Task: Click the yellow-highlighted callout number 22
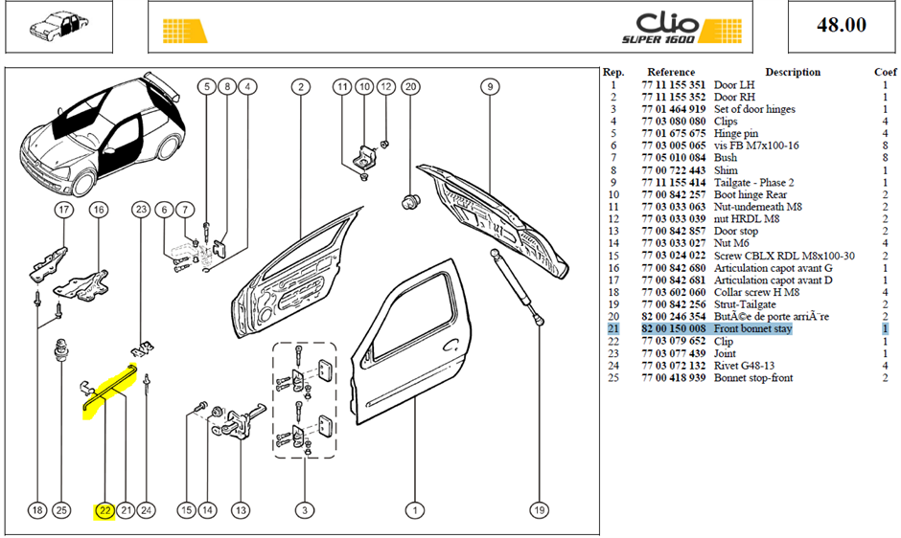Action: pyautogui.click(x=104, y=510)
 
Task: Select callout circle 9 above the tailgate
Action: pyautogui.click(x=490, y=87)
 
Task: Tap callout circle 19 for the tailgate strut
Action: pyautogui.click(x=539, y=510)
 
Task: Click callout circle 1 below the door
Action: pyautogui.click(x=415, y=510)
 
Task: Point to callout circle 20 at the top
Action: pyautogui.click(x=410, y=87)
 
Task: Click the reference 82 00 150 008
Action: pyautogui.click(x=674, y=329)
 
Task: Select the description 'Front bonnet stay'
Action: pyautogui.click(x=752, y=329)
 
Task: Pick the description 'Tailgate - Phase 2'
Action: pyautogui.click(x=754, y=183)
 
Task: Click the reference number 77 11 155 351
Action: pyautogui.click(x=674, y=85)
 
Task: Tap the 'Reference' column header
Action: pyautogui.click(x=671, y=73)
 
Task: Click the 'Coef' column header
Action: pyautogui.click(x=885, y=73)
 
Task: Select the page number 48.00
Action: pyautogui.click(x=842, y=25)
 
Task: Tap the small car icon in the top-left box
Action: pyautogui.click(x=59, y=27)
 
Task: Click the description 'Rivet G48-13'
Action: pyautogui.click(x=744, y=366)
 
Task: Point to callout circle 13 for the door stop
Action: pyautogui.click(x=241, y=510)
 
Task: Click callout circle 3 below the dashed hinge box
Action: pyautogui.click(x=305, y=510)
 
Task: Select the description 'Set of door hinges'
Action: pyautogui.click(x=754, y=109)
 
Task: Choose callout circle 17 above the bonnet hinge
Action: pyautogui.click(x=64, y=210)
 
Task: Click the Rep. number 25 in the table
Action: pyautogui.click(x=613, y=378)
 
